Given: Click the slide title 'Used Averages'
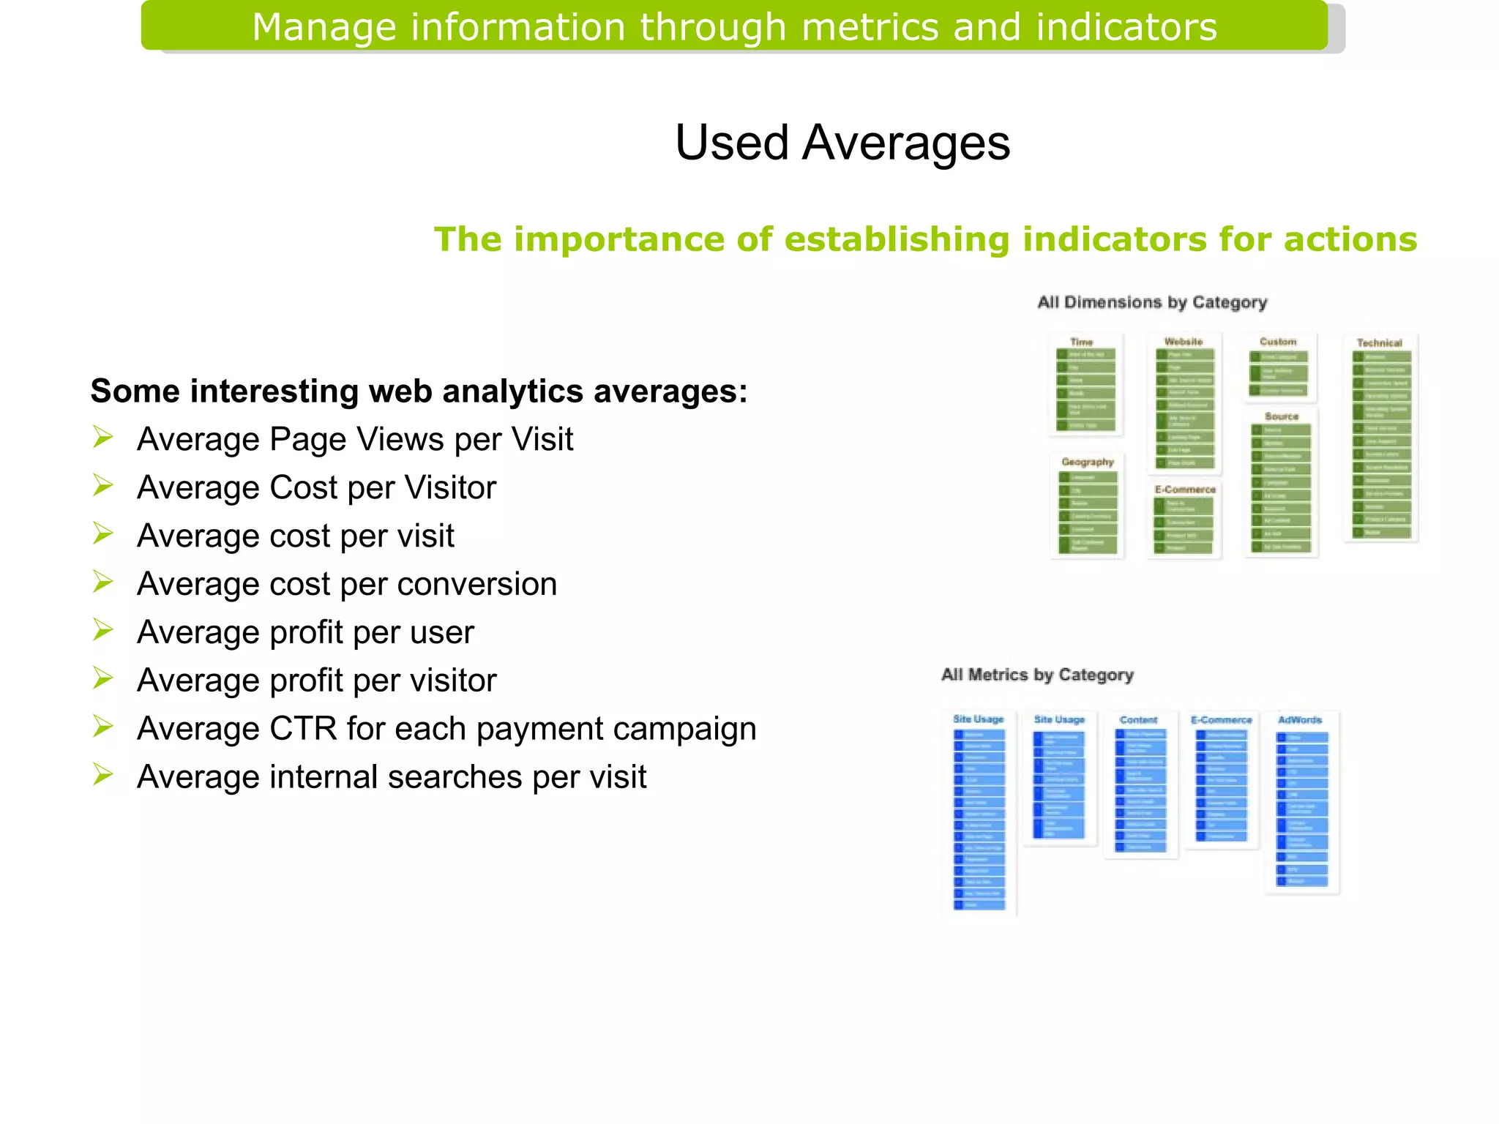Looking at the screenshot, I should pos(842,142).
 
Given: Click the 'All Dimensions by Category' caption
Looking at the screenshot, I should pos(1152,302).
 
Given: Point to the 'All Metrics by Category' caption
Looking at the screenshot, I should pos(1037,675).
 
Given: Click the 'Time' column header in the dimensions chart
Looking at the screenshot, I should pos(1081,342).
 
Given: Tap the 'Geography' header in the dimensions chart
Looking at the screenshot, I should pos(1088,462).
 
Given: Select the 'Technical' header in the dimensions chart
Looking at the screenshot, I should pos(1379,342).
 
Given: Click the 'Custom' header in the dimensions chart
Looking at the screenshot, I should pos(1278,342).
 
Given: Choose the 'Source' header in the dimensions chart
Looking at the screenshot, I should pos(1282,416).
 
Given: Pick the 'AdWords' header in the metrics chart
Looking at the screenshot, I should pos(1300,720).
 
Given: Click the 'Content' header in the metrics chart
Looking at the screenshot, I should pos(1138,720).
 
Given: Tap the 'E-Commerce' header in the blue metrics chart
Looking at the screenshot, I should pos(1221,720).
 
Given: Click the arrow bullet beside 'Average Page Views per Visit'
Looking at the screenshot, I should pos(103,438).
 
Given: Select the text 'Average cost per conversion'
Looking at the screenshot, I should pos(347,584).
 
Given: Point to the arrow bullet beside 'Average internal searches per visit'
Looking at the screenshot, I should pos(103,774).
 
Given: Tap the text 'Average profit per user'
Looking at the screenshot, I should pos(305,632).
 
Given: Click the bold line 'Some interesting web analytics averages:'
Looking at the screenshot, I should pos(419,391).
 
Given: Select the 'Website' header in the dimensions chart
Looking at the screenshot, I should pos(1184,342).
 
